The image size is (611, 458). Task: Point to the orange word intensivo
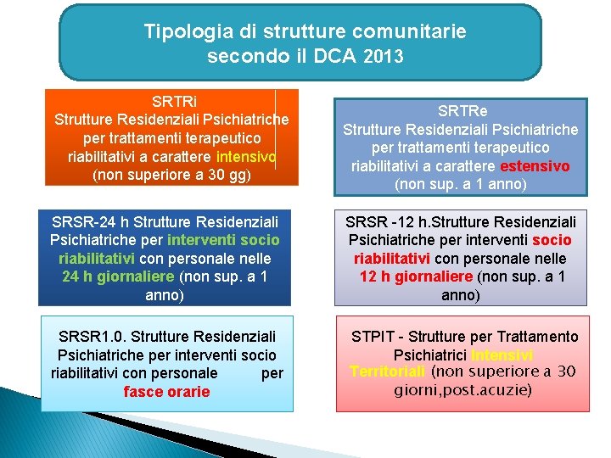click(x=246, y=157)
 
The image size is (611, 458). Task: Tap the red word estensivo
click(x=535, y=165)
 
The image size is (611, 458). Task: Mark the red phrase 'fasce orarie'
click(x=166, y=392)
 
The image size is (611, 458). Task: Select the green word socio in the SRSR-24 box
click(x=259, y=240)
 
